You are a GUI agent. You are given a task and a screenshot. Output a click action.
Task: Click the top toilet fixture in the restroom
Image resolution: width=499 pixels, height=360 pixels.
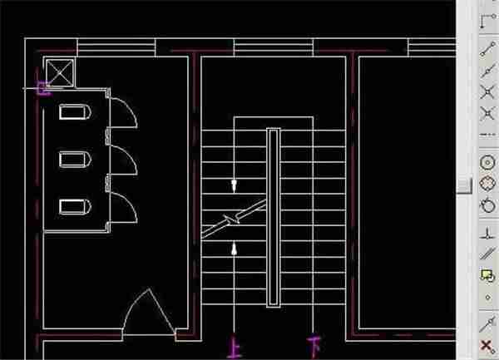pyautogui.click(x=75, y=112)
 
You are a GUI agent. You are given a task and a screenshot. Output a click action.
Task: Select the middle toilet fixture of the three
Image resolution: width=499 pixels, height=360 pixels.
pyautogui.click(x=75, y=160)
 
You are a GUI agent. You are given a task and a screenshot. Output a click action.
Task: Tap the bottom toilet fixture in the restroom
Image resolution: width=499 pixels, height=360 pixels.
pyautogui.click(x=75, y=207)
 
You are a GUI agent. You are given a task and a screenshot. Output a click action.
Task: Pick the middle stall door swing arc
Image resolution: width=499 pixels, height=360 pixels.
pyautogui.click(x=131, y=155)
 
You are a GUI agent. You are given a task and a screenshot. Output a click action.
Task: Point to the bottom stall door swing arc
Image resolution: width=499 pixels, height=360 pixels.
pyautogui.click(x=131, y=202)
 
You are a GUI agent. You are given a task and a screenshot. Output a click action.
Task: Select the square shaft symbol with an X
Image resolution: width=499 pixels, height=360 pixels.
pyautogui.click(x=60, y=73)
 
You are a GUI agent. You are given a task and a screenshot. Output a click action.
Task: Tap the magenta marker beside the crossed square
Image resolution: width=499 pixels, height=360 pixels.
pyautogui.click(x=43, y=88)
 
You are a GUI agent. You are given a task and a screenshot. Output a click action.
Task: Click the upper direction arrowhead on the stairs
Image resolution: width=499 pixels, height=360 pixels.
pyautogui.click(x=235, y=185)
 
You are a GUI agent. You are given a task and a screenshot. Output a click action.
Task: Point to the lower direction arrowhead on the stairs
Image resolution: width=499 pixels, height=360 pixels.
pyautogui.click(x=235, y=249)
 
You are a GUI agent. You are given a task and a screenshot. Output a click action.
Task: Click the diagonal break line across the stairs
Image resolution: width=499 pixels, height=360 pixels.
pyautogui.click(x=234, y=219)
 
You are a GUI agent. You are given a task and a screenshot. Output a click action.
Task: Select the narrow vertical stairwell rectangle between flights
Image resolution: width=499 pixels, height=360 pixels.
pyautogui.click(x=274, y=218)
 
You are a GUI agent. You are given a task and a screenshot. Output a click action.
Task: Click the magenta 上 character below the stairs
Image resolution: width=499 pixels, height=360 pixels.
pyautogui.click(x=235, y=348)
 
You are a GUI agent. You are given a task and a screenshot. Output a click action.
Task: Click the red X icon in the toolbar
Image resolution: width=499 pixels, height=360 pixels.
pyautogui.click(x=487, y=347)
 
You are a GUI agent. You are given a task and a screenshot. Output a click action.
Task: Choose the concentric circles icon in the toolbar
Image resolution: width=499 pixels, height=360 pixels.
pyautogui.click(x=487, y=163)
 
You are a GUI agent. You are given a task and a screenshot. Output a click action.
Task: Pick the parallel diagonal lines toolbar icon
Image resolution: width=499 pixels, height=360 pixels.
pyautogui.click(x=487, y=254)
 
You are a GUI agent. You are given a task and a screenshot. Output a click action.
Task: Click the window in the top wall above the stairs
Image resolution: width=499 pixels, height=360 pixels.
pyautogui.click(x=274, y=47)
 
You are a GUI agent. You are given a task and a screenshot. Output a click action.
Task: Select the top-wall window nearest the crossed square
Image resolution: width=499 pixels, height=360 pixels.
pyautogui.click(x=116, y=47)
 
